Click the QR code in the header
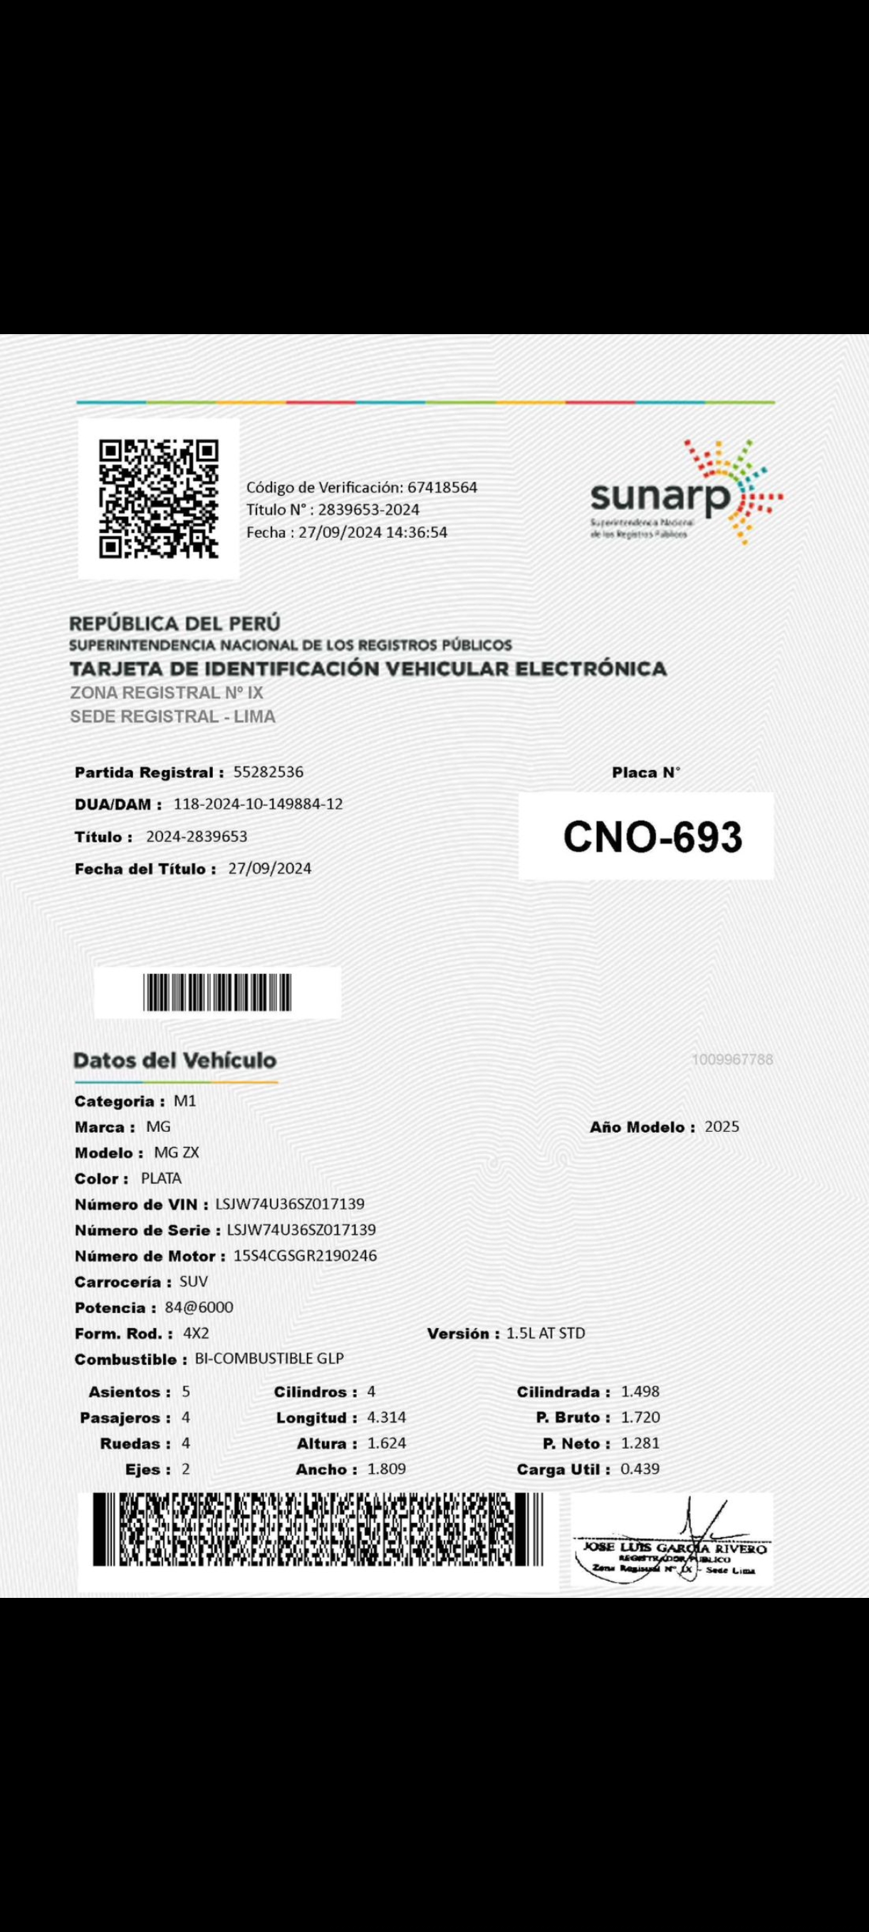pyautogui.click(x=159, y=499)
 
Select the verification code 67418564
pyautogui.click(x=442, y=487)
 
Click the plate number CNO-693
pyautogui.click(x=652, y=837)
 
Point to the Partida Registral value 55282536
pyautogui.click(x=268, y=772)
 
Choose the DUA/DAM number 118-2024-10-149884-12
pyautogui.click(x=258, y=804)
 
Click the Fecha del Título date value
pyautogui.click(x=270, y=868)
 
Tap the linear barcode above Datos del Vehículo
pyautogui.click(x=217, y=992)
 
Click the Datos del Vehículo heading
pyautogui.click(x=175, y=1061)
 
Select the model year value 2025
pyautogui.click(x=722, y=1126)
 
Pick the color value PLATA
pyautogui.click(x=161, y=1178)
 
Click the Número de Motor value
pyautogui.click(x=305, y=1255)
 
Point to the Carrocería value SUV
pyautogui.click(x=194, y=1281)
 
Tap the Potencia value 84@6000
pyautogui.click(x=199, y=1307)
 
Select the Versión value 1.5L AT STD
pyautogui.click(x=546, y=1333)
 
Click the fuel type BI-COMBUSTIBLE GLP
pyautogui.click(x=269, y=1359)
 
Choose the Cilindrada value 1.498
pyautogui.click(x=640, y=1391)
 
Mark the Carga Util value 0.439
pyautogui.click(x=640, y=1468)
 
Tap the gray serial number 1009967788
pyautogui.click(x=732, y=1060)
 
